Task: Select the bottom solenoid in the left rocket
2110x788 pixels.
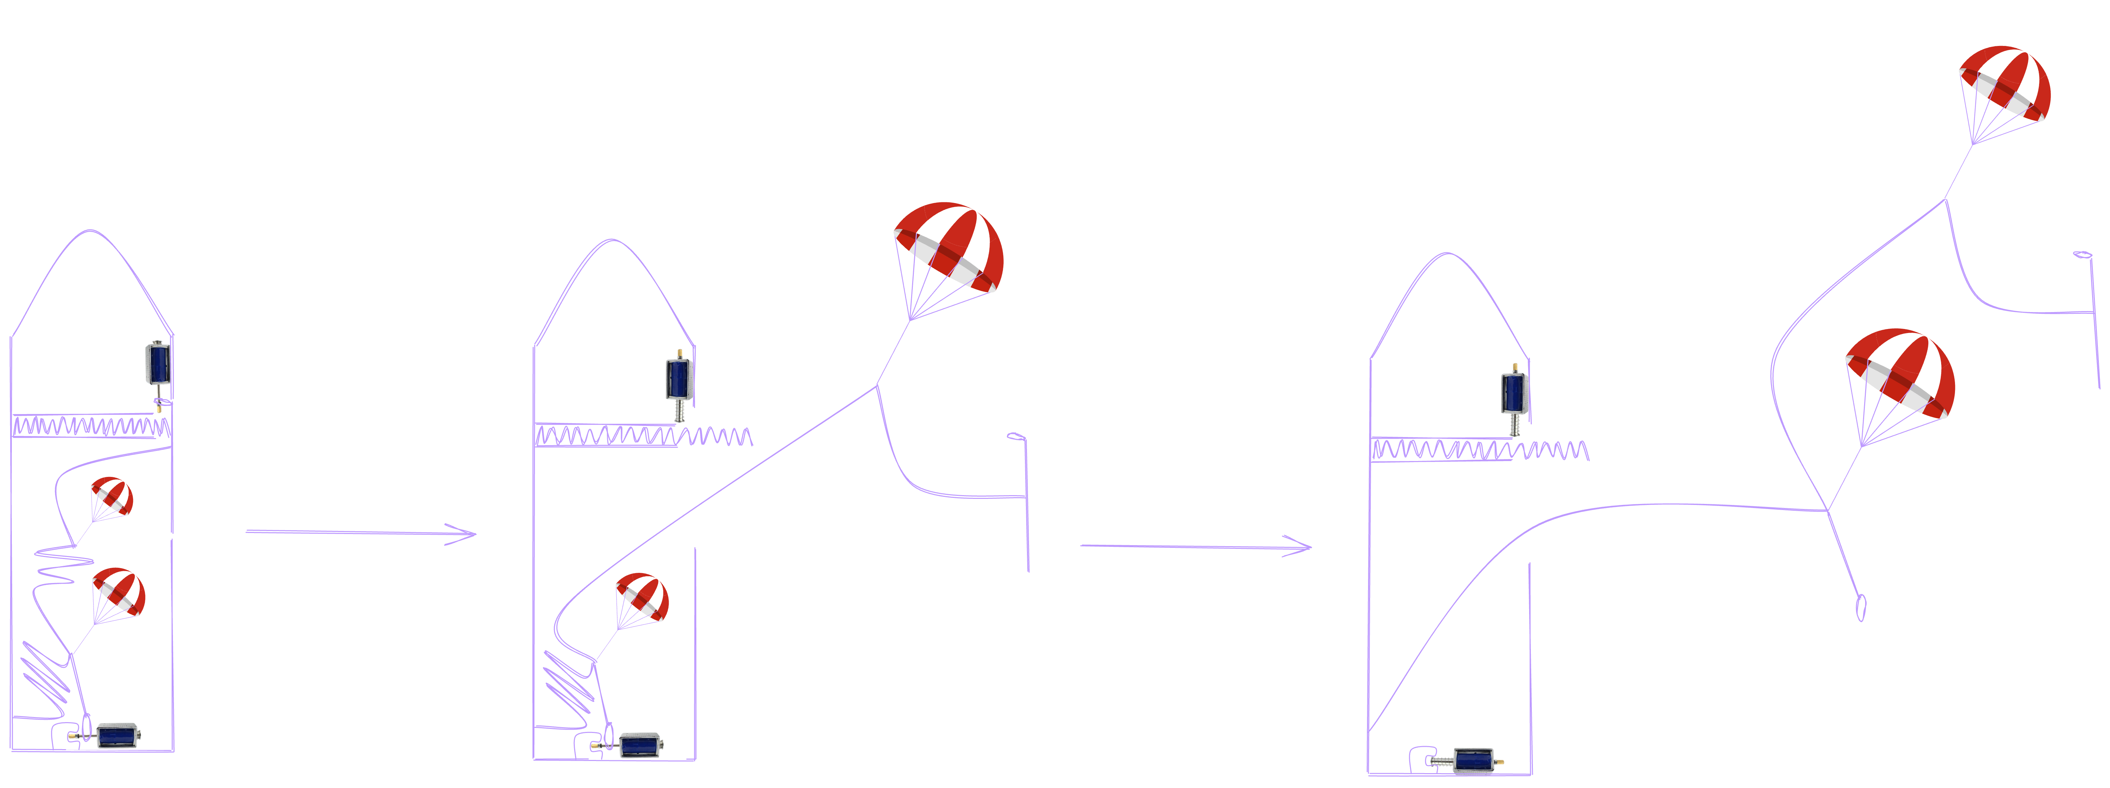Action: point(116,734)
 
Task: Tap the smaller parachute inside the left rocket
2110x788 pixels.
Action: point(111,497)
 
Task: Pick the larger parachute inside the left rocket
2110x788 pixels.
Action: point(119,592)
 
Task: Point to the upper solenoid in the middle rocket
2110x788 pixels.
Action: point(679,377)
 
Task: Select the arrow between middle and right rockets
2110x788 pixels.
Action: point(1196,546)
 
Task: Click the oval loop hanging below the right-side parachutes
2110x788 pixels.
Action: point(1860,607)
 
